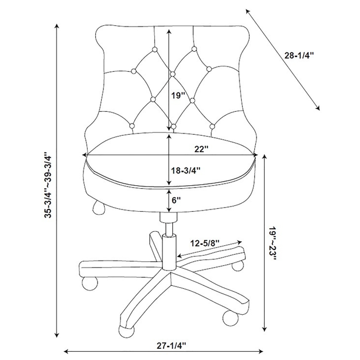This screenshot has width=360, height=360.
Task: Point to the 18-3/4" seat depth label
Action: point(186,171)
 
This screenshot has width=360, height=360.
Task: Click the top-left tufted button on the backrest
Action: point(155,49)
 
